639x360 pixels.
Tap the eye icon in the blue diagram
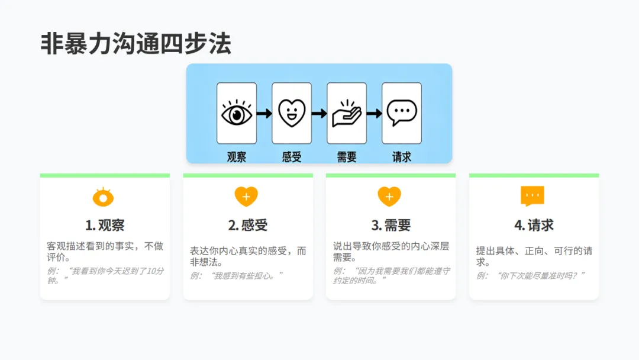[x=237, y=113]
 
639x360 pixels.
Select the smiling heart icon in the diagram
[x=292, y=113]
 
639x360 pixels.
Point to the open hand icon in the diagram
[x=347, y=113]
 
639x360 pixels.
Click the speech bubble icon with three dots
[x=402, y=113]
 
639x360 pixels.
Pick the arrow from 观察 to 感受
[x=264, y=113]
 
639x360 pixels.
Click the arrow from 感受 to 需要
[x=319, y=113]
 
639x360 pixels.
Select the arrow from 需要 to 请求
[x=374, y=113]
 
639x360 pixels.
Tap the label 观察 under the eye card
[x=237, y=157]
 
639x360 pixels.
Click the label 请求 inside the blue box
[x=402, y=157]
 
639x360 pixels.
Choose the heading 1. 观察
[x=105, y=226]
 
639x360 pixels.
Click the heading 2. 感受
[x=248, y=226]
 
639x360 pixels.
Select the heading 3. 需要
[x=390, y=226]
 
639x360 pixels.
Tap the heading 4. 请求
[x=534, y=226]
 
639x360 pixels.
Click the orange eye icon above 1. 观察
[x=104, y=197]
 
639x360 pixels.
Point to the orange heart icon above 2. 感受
[x=247, y=197]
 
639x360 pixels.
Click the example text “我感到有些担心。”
[x=237, y=275]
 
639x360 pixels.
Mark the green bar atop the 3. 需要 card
[x=390, y=175]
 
